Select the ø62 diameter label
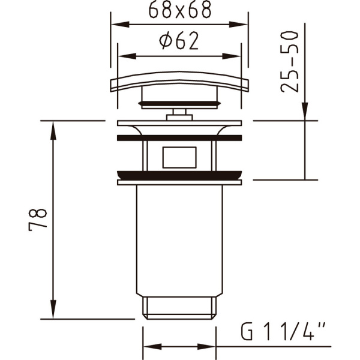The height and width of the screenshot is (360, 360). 179,41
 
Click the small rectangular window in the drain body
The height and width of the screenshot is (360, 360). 179,157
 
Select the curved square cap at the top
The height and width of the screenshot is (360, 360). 179,82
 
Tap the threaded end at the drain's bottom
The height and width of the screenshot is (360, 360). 179,307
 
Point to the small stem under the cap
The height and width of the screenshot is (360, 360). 179,113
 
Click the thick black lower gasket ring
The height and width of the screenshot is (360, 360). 179,176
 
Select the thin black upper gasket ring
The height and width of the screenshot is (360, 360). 179,137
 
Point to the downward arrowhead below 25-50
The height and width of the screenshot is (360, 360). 305,113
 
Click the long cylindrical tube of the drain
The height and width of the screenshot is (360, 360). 179,240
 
